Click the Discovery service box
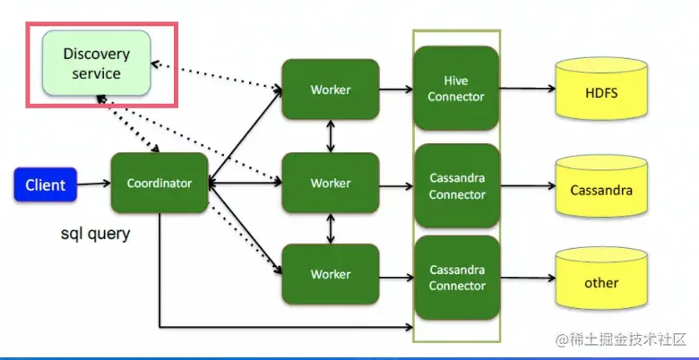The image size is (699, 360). (97, 64)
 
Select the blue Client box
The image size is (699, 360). (45, 185)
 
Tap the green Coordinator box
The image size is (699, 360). (160, 184)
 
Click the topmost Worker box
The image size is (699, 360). (331, 90)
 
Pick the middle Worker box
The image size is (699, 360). (331, 184)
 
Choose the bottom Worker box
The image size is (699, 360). (331, 274)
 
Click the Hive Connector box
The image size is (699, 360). (456, 89)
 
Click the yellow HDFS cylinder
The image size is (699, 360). (601, 92)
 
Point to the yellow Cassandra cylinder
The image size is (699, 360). (601, 189)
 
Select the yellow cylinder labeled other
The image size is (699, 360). (601, 282)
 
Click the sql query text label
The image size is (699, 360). (95, 234)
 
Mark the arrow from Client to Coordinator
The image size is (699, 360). (93, 185)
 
